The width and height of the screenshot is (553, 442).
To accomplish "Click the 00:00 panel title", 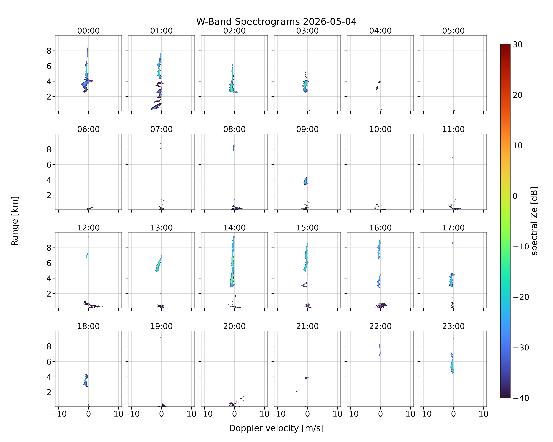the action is click(x=88, y=31).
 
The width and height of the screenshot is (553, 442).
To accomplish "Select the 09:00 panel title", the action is click(x=307, y=129).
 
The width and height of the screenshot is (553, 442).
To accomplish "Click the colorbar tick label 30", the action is click(x=518, y=45).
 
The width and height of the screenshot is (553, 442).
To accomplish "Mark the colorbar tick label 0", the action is click(x=515, y=196).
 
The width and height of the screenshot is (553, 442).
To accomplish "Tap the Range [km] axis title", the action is click(x=15, y=221).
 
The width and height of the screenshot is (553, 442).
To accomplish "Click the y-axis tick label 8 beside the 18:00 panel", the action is click(x=49, y=346).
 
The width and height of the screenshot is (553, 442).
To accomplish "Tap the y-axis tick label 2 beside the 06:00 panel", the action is click(x=49, y=195).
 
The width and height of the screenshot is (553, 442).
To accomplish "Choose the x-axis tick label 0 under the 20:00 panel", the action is click(x=234, y=414).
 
